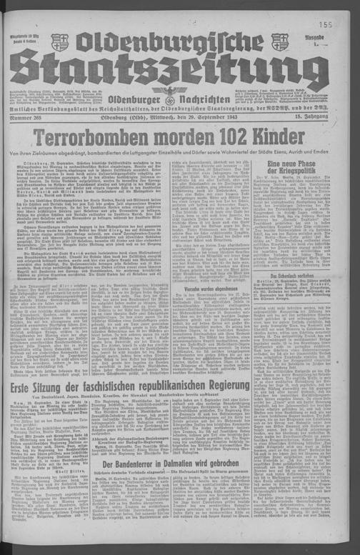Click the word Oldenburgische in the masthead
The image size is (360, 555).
(x=171, y=43)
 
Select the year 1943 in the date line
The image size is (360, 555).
(x=229, y=116)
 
